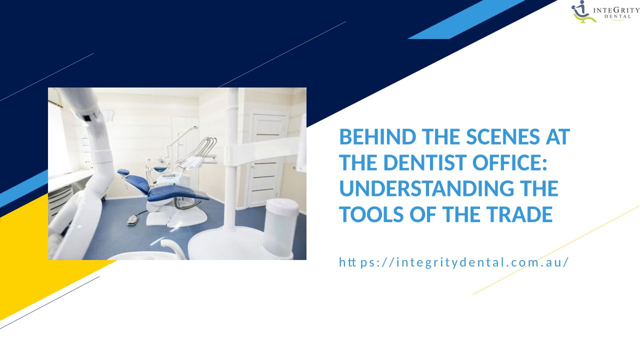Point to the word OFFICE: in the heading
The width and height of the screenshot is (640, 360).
(509, 162)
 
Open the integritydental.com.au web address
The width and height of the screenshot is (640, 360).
(453, 262)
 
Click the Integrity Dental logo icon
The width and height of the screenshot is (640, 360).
(583, 11)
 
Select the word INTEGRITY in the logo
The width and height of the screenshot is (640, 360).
(616, 10)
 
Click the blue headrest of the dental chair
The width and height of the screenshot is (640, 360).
(123, 172)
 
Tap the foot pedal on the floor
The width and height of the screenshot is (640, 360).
(132, 219)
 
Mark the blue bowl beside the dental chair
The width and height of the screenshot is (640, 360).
(160, 169)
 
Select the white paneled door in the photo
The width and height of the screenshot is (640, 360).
(267, 160)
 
